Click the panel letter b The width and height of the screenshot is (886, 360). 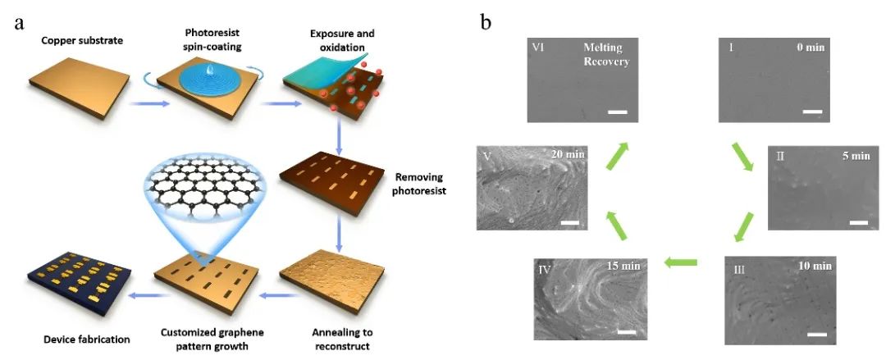486,22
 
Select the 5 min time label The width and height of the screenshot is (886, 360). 853,155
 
